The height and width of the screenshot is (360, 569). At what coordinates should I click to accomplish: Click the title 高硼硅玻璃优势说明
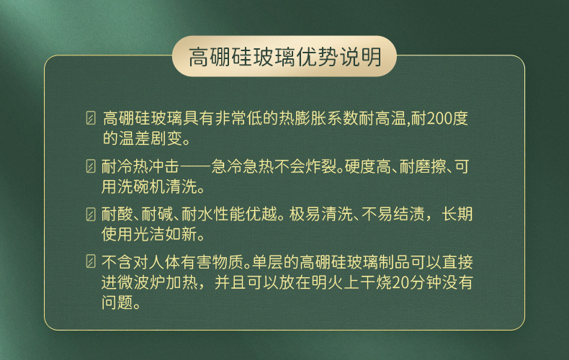pyautogui.click(x=284, y=56)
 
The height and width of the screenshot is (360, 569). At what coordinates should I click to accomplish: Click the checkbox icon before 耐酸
pyautogui.click(x=91, y=215)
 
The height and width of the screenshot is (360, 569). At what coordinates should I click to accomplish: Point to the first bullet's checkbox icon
pyautogui.click(x=91, y=118)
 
